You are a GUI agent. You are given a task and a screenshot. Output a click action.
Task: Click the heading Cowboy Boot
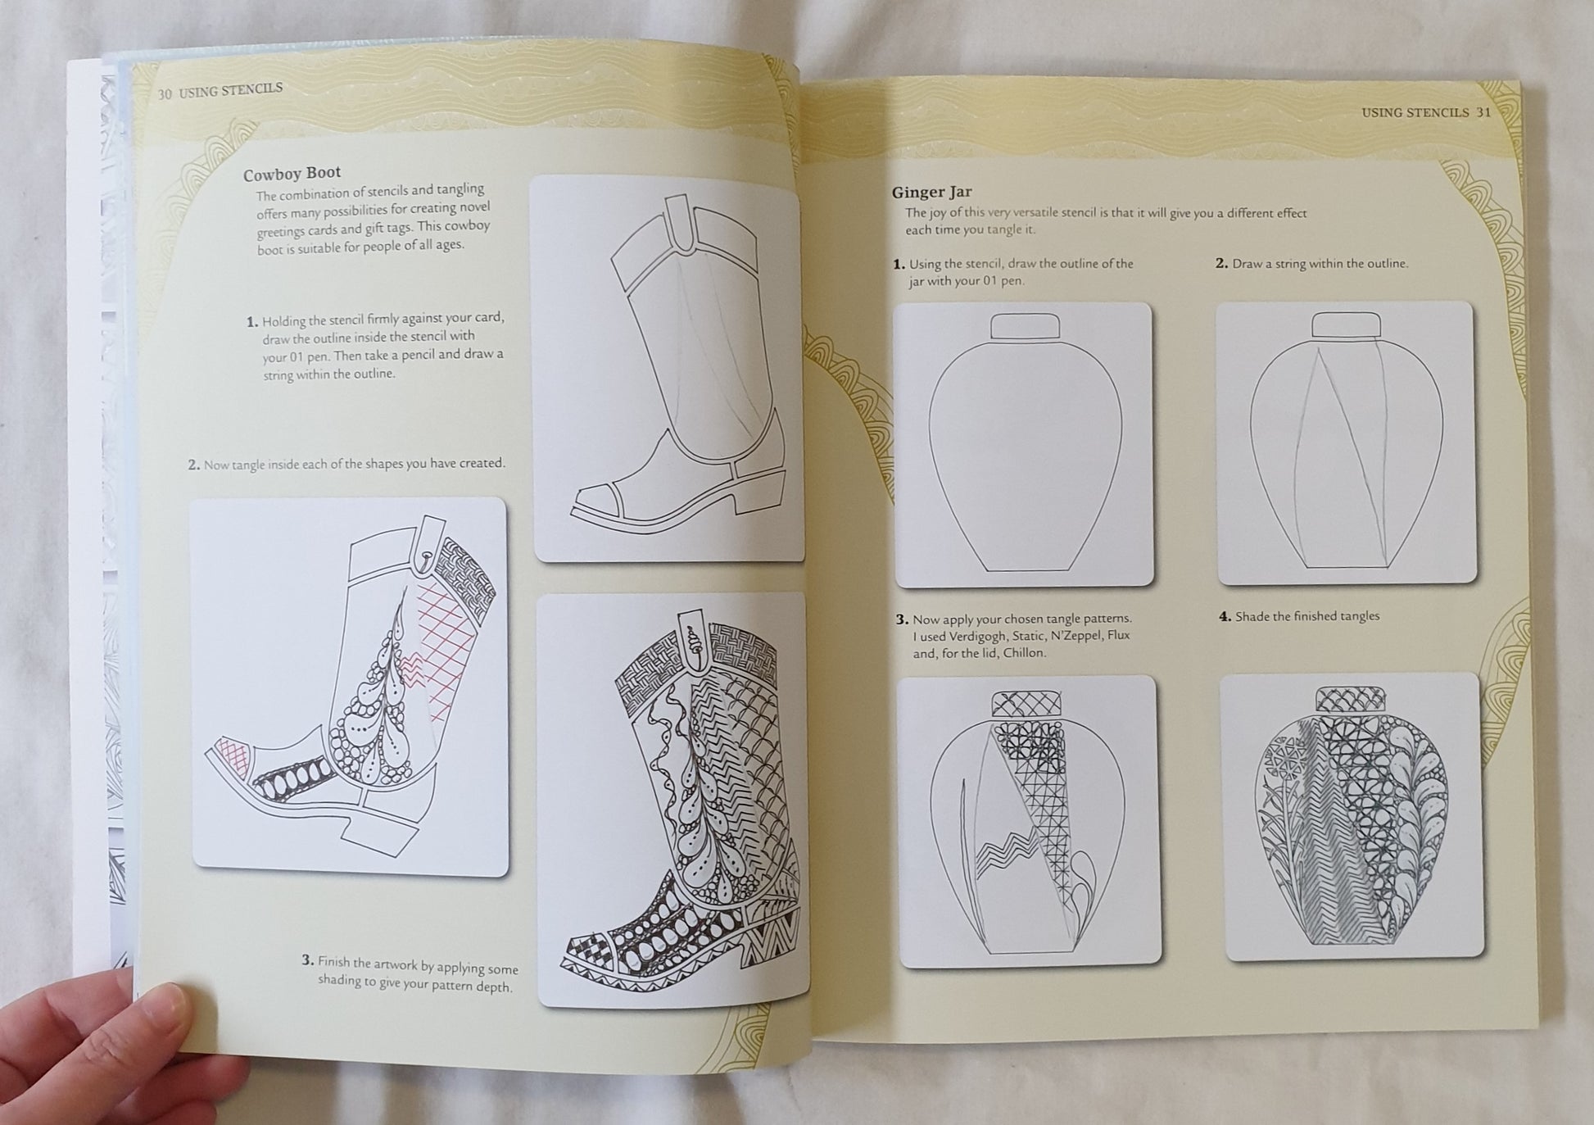292,174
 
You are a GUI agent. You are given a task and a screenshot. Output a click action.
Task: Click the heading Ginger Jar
931,193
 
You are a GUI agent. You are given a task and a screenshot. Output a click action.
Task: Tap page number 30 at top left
165,93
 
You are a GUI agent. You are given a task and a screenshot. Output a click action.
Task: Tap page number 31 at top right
1483,112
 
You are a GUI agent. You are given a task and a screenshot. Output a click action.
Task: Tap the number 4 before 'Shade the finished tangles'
1225,616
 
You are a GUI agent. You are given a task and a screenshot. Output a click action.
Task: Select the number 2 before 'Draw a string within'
1221,264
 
